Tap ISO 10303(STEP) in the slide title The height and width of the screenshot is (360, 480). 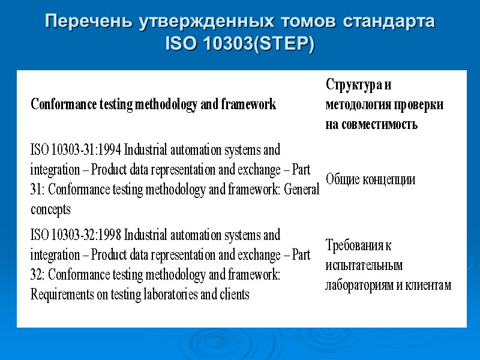[x=240, y=44]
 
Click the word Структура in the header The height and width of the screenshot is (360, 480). [x=352, y=85]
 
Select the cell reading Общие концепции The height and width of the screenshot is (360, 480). [x=370, y=179]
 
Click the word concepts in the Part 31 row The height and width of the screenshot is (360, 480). [x=50, y=209]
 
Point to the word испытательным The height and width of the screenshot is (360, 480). [x=364, y=265]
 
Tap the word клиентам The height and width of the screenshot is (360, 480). [x=428, y=286]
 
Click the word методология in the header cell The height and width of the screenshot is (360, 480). [x=358, y=105]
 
